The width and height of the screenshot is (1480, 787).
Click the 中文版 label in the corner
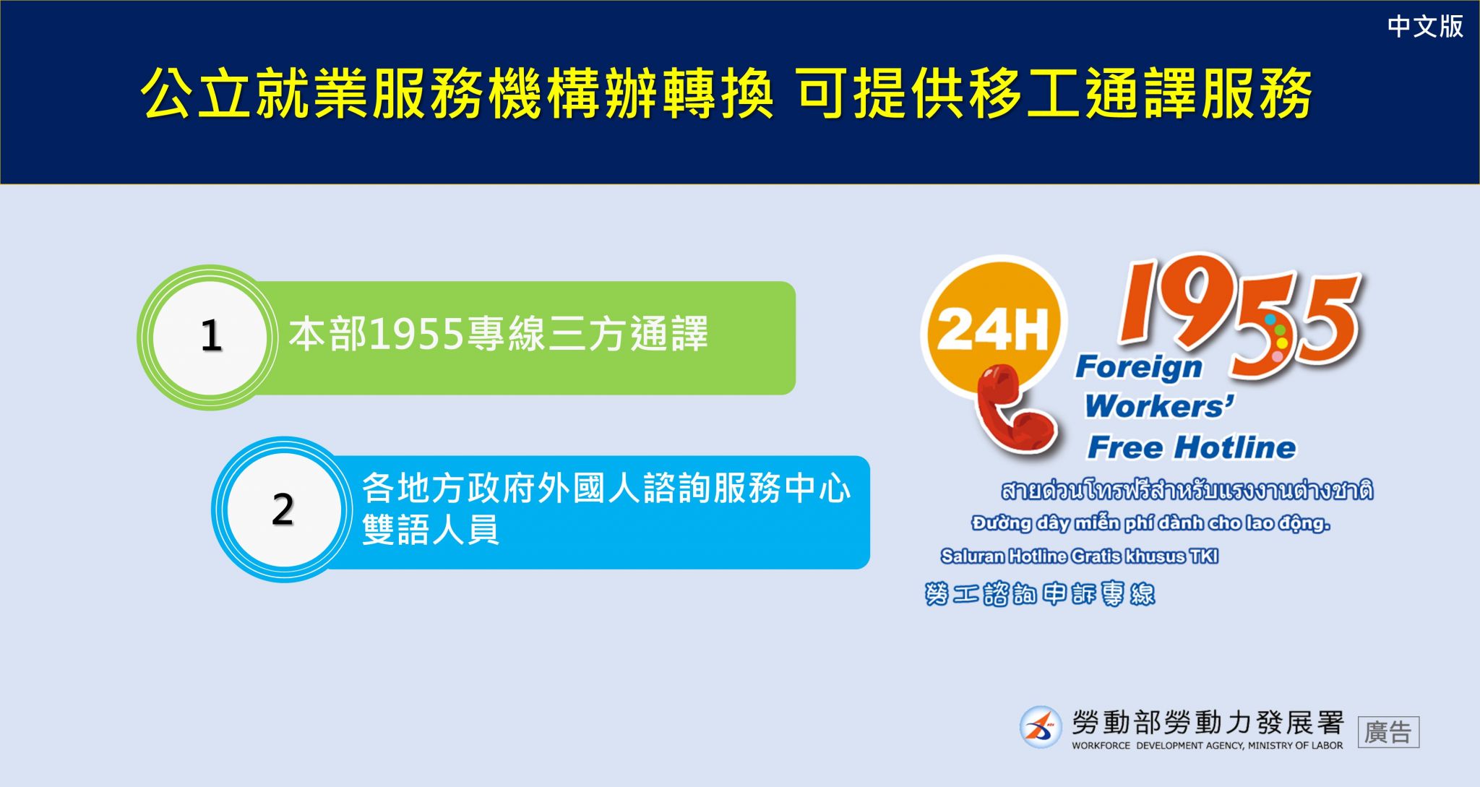[1425, 27]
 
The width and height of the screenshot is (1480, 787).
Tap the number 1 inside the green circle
[211, 336]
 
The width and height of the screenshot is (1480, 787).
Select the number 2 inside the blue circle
[283, 509]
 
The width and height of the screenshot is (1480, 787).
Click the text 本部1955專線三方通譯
[498, 334]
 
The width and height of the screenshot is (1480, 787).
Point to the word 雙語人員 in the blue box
[431, 530]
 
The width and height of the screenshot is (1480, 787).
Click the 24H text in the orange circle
[993, 329]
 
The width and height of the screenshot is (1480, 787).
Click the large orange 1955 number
[1238, 314]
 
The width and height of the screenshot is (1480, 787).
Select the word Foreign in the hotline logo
[1139, 367]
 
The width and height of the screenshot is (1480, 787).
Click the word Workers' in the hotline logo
[1160, 406]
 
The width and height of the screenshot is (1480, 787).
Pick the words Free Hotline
[1192, 447]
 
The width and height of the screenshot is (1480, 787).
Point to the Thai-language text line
[1187, 490]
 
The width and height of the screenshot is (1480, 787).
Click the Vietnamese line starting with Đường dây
[1150, 523]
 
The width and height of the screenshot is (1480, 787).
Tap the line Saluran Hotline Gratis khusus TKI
[1080, 556]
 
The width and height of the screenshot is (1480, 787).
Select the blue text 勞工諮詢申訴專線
[1040, 594]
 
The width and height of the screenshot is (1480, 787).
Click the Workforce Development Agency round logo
[1041, 727]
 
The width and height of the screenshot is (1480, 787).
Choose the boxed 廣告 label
[1388, 732]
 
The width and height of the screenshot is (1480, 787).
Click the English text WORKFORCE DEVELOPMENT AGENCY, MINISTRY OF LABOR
[1207, 745]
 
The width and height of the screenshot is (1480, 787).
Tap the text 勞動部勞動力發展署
[1208, 722]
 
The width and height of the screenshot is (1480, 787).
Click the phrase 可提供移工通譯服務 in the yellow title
[1054, 94]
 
